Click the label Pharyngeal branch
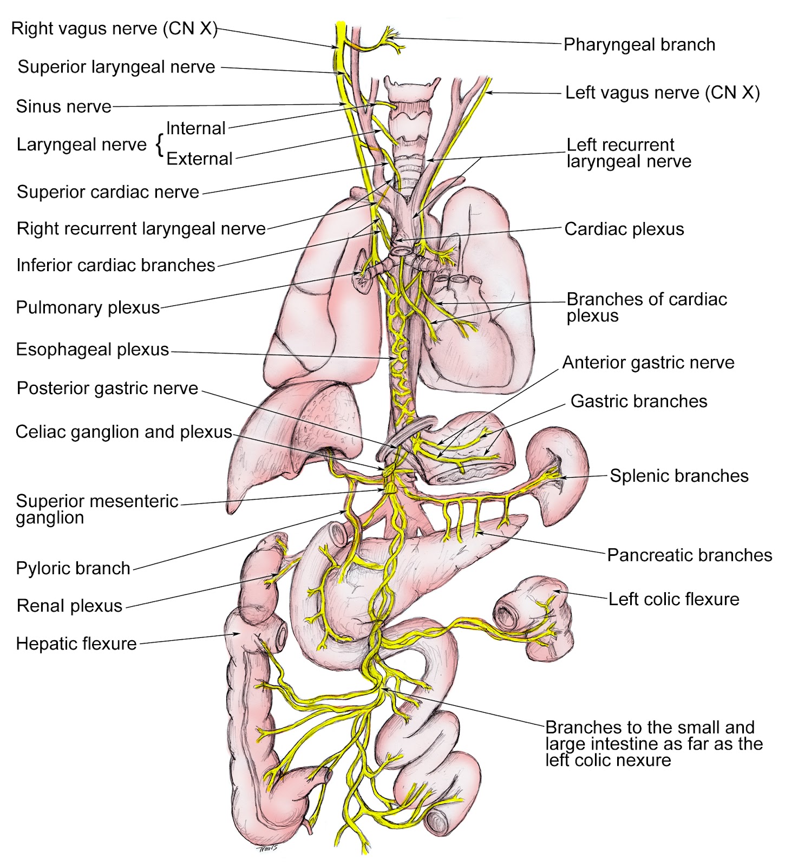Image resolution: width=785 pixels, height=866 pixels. [x=639, y=44]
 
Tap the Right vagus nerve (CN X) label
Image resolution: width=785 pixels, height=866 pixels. [x=114, y=28]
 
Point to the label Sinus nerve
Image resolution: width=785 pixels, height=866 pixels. [x=63, y=106]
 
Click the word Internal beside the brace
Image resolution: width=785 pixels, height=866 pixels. [x=195, y=128]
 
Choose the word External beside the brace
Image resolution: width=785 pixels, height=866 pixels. [x=199, y=159]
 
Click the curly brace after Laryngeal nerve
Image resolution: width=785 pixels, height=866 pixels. [x=159, y=145]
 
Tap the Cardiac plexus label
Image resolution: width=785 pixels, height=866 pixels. [x=624, y=229]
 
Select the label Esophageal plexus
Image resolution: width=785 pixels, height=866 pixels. [x=93, y=349]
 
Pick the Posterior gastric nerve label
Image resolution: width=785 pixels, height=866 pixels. [x=107, y=388]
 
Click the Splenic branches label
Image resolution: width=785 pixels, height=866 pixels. [x=679, y=476]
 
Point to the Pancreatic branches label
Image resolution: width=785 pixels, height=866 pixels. [x=689, y=555]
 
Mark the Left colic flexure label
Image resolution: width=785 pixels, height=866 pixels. [x=673, y=599]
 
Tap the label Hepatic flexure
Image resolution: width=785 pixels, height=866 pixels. [x=76, y=644]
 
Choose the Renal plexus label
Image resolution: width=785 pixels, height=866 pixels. [x=70, y=605]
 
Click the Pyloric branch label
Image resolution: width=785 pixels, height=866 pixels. [x=73, y=568]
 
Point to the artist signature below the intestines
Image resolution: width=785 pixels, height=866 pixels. [x=266, y=848]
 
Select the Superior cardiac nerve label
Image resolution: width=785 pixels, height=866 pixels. [x=108, y=192]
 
